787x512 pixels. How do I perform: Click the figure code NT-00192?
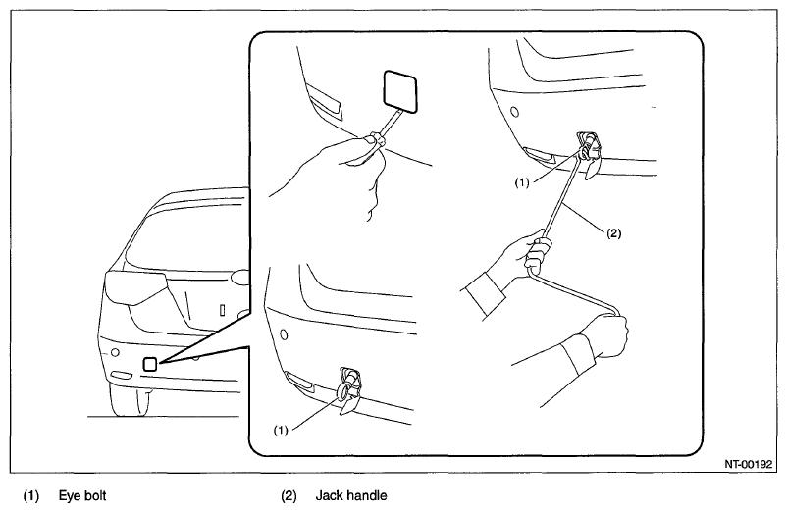pos(748,464)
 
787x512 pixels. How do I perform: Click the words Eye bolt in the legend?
pos(82,496)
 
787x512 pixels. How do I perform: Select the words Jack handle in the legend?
pos(351,496)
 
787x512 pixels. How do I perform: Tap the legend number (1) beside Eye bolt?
pos(31,496)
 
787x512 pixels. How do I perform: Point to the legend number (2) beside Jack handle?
pos(289,496)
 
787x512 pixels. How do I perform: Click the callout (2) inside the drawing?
pos(614,233)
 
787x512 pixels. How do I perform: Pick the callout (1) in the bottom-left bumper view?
pos(281,431)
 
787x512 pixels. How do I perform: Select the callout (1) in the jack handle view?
pos(522,183)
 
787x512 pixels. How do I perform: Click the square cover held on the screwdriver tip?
pos(400,90)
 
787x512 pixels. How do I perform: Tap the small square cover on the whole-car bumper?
pos(150,364)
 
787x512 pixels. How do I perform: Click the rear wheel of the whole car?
pos(129,400)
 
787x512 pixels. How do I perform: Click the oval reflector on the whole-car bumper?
pos(121,375)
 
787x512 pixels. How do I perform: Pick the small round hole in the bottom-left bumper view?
pos(283,334)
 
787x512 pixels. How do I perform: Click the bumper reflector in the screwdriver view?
pos(325,103)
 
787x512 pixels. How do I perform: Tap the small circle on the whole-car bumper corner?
pos(115,352)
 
